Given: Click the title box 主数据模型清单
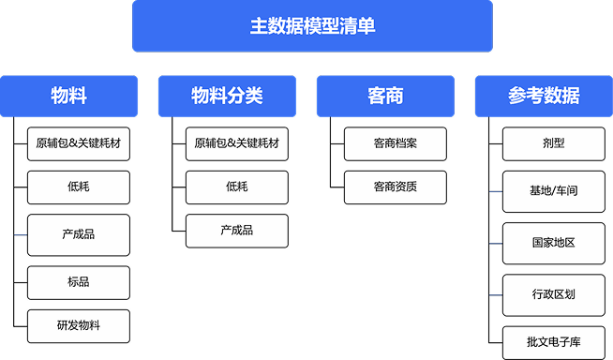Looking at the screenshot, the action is tap(312, 26).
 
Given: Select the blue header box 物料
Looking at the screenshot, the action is tap(69, 96).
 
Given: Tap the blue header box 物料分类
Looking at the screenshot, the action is tap(227, 96).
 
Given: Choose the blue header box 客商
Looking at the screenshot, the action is tap(386, 96).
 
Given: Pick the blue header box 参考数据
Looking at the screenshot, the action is tap(544, 96).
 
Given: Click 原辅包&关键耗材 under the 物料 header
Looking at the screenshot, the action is tap(79, 143).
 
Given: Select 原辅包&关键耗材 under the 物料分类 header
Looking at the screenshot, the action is tap(236, 143).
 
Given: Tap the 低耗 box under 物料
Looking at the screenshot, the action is tap(79, 187).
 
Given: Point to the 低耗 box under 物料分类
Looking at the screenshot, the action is tap(236, 187).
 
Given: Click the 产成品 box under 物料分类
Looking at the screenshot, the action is tap(236, 231).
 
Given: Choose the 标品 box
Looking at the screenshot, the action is tap(79, 281).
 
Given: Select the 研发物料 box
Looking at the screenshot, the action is tap(79, 325).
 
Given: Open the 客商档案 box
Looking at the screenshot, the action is tap(395, 143).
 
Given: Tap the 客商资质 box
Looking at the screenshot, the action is tap(395, 187).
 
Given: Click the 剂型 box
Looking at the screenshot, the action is tap(553, 143).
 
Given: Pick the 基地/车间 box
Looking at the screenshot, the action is tap(553, 190).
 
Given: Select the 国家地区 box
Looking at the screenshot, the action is tap(553, 242).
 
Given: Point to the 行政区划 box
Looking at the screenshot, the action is tap(553, 294).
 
